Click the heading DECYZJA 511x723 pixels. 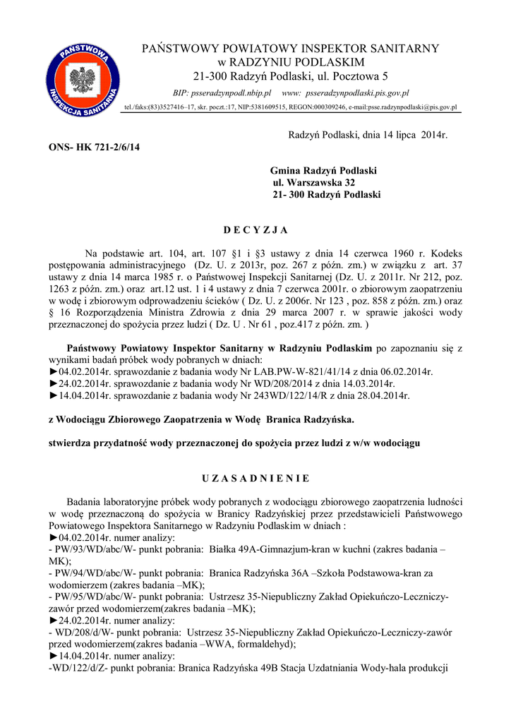point(255,230)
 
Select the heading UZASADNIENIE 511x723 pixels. point(255,479)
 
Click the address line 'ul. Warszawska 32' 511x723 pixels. point(318,182)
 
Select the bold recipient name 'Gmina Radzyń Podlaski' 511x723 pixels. point(323,171)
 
